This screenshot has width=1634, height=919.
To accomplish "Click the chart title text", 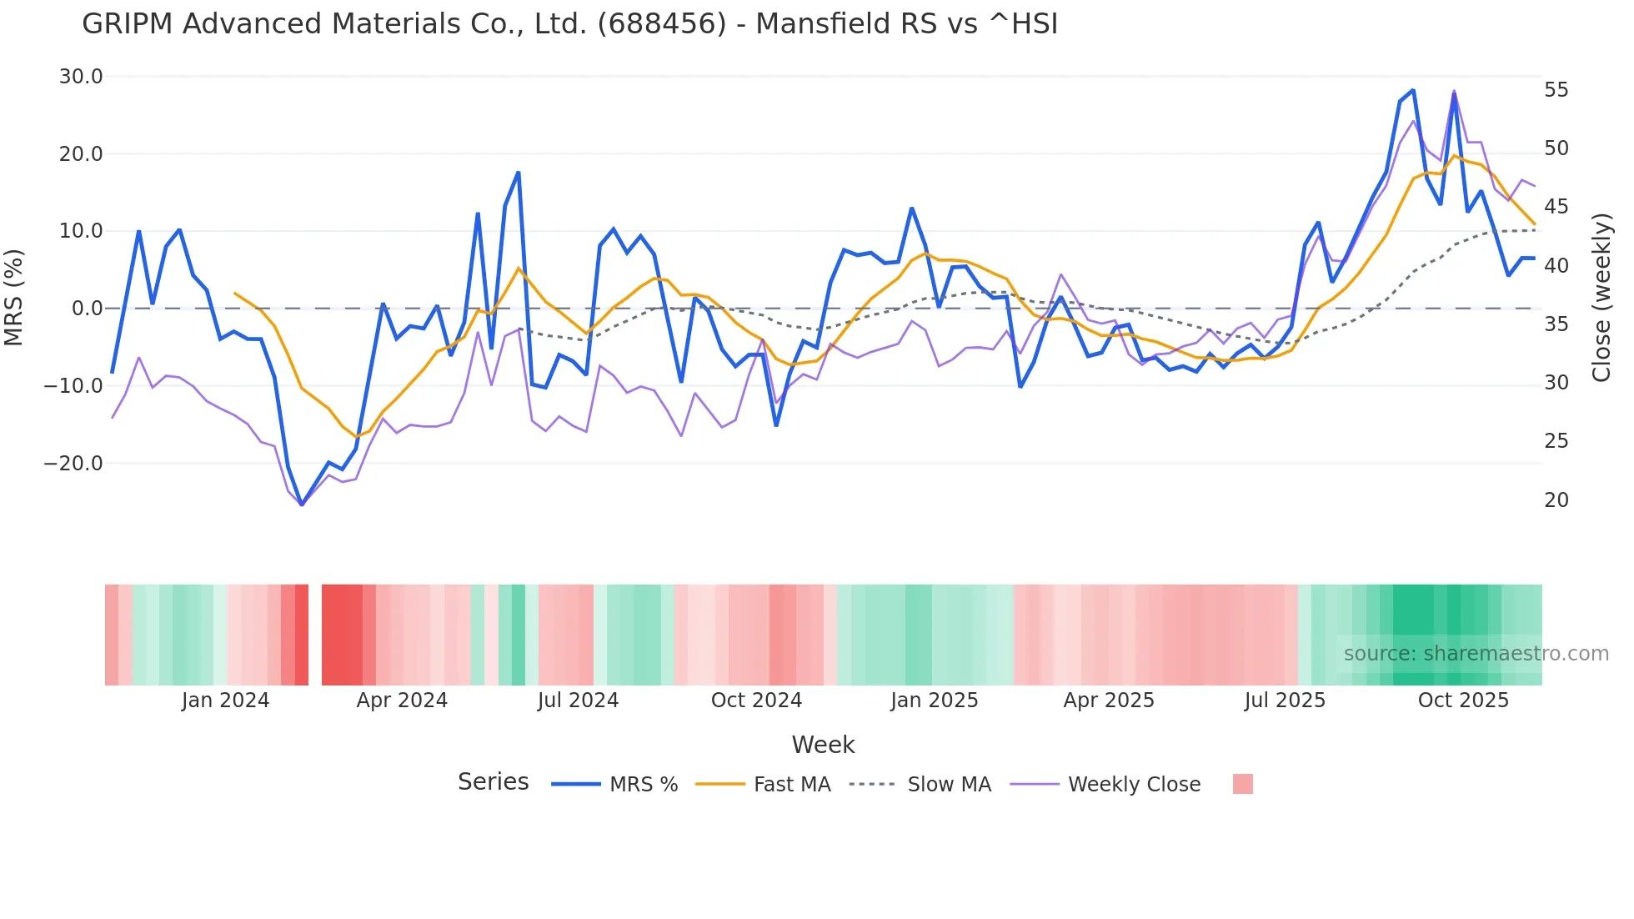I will tap(569, 23).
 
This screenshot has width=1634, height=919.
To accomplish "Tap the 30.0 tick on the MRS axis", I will tap(80, 77).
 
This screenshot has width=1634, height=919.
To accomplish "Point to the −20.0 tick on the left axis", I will tap(73, 463).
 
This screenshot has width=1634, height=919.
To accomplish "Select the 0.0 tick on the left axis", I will tap(87, 309).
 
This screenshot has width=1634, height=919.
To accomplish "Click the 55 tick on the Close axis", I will tap(1556, 89).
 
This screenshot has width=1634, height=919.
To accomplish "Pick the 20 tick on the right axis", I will tap(1556, 500).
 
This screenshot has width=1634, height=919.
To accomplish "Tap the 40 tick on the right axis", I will tap(1556, 265).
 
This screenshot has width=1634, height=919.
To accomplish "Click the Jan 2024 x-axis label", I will tap(225, 701).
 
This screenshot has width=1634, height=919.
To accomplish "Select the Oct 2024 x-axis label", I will tap(756, 701).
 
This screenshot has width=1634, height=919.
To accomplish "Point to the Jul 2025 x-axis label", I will tap(1285, 701).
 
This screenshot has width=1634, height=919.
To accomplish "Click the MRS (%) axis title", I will tap(14, 298).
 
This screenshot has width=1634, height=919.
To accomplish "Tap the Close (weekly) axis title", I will tap(1601, 298).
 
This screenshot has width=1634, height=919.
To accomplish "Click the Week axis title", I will tap(823, 745).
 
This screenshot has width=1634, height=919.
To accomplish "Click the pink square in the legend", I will tap(1242, 784).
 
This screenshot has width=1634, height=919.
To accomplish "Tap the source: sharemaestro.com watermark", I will tap(1476, 654).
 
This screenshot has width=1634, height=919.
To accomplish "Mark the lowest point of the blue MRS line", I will tap(302, 505).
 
